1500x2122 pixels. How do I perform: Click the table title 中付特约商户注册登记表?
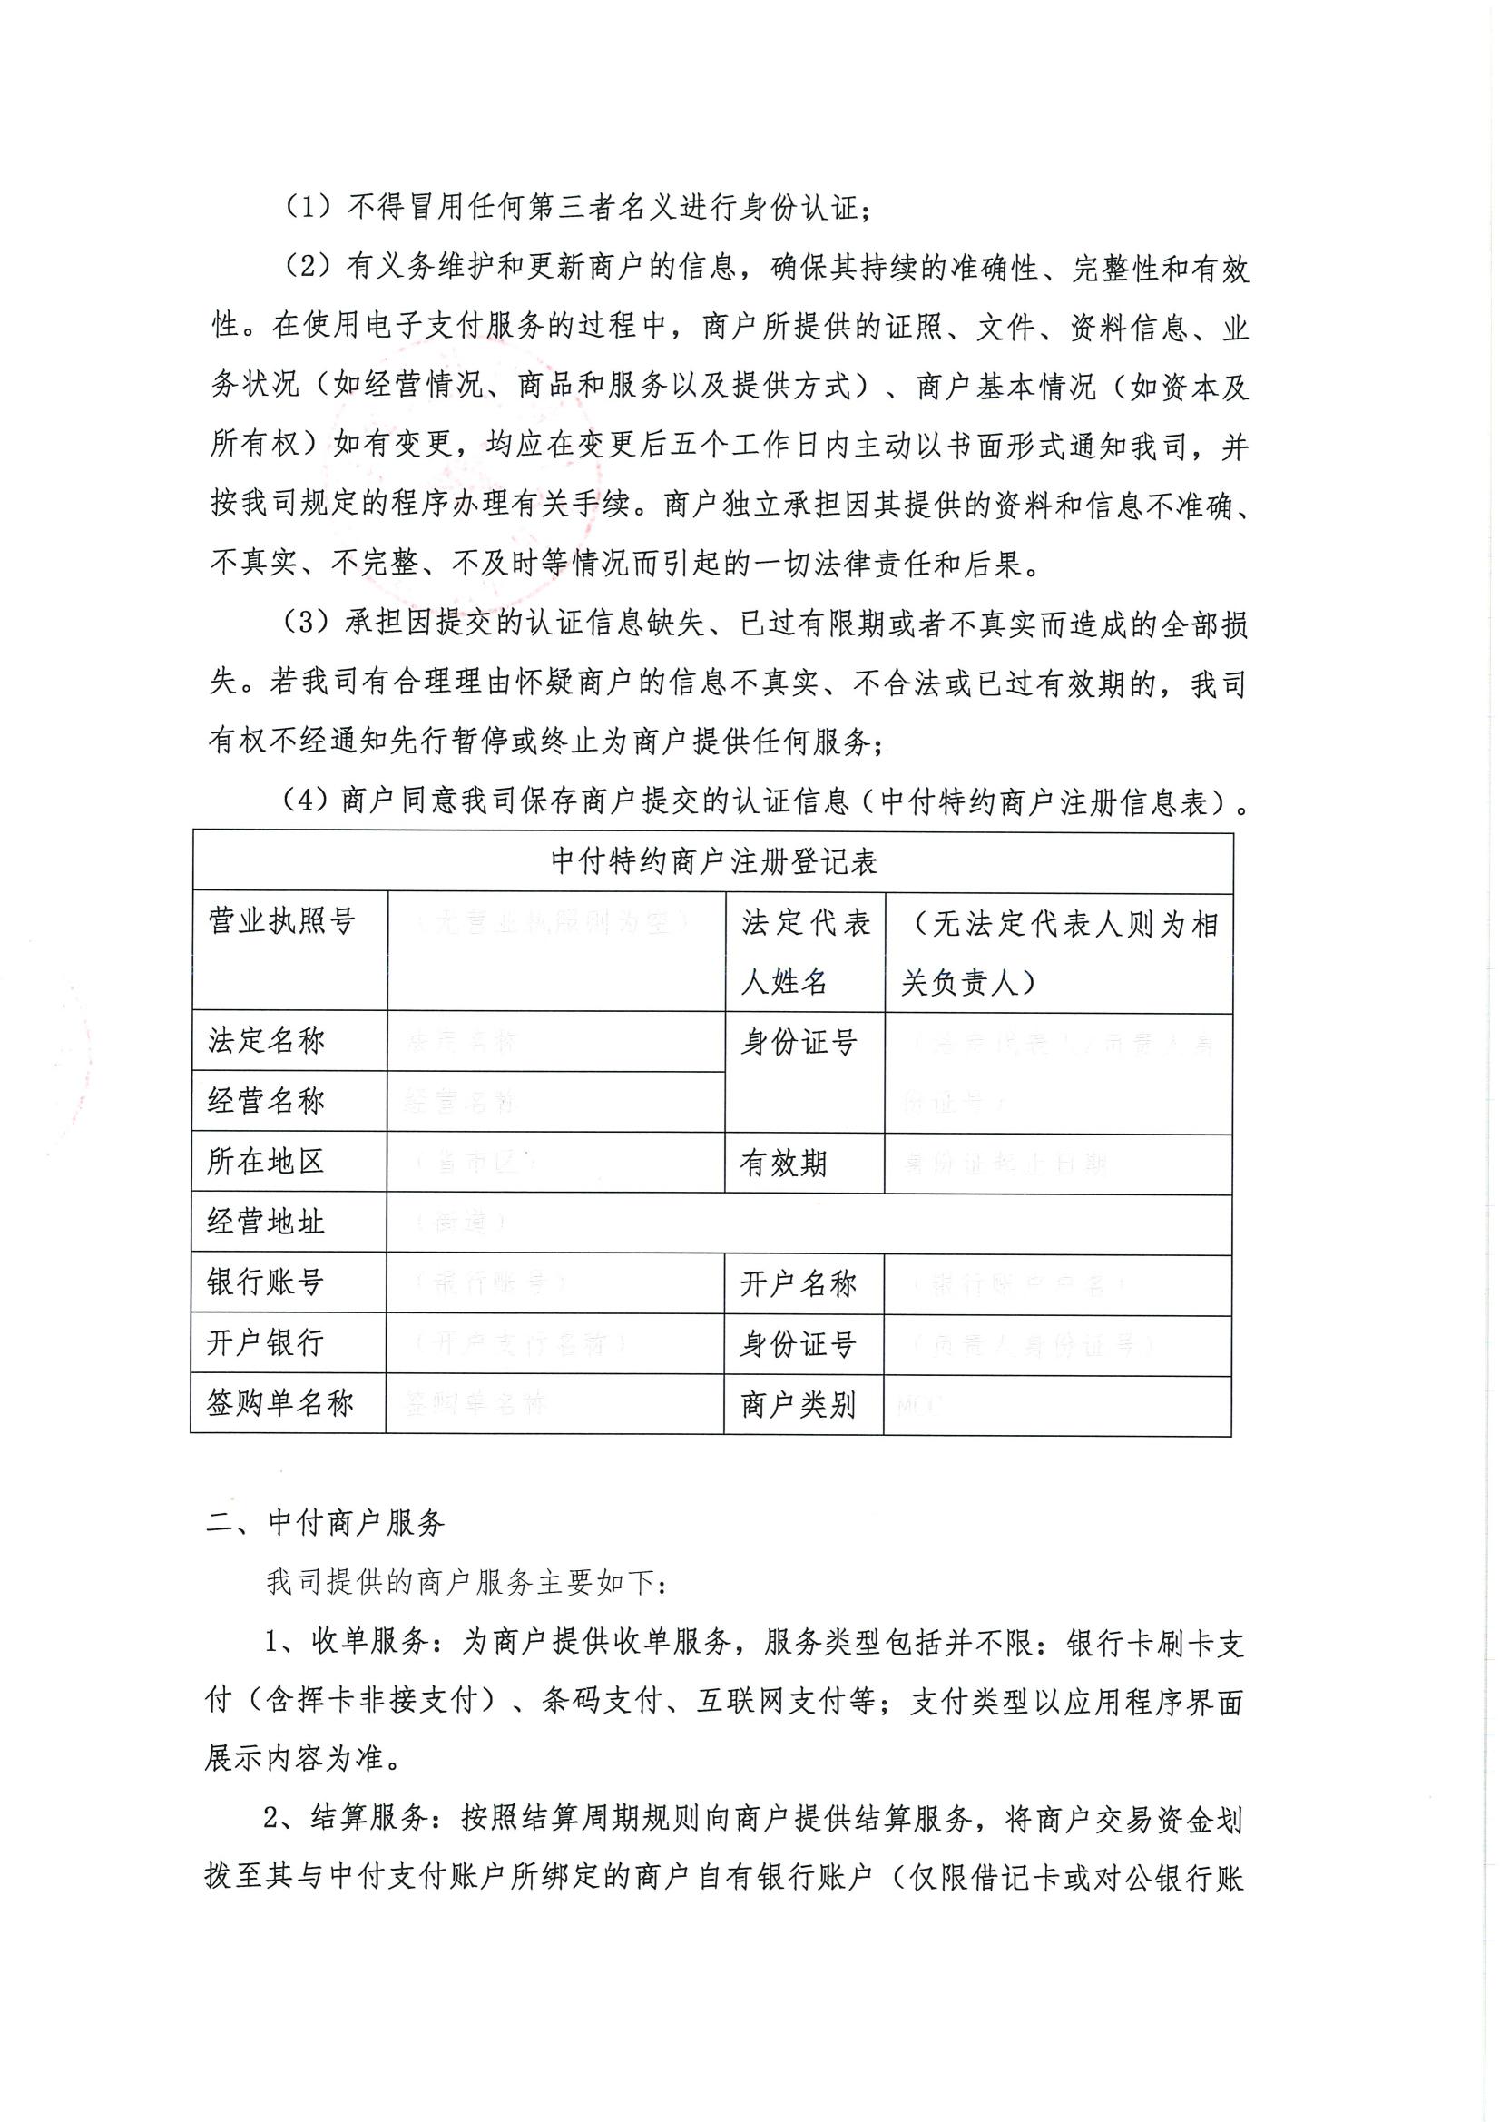click(712, 862)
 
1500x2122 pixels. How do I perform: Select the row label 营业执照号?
click(282, 920)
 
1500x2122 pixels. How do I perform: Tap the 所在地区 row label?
click(266, 1162)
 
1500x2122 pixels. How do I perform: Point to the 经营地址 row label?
click(266, 1222)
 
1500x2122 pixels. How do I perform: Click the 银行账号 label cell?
click(265, 1282)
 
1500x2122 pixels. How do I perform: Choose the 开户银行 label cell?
click(265, 1342)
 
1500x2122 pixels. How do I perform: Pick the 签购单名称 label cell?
click(280, 1403)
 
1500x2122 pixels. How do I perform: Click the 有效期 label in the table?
click(783, 1163)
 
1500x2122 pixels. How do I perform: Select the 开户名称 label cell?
click(798, 1282)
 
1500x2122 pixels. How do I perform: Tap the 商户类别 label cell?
click(798, 1405)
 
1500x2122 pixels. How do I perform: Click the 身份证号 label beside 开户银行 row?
click(798, 1344)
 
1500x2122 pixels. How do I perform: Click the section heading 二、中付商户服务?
click(326, 1522)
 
